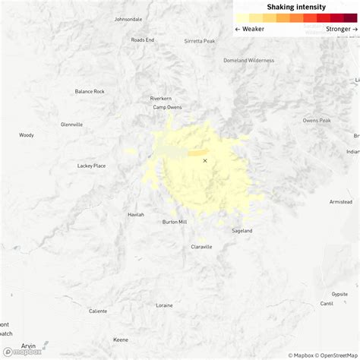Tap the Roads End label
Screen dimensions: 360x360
pyautogui.click(x=142, y=39)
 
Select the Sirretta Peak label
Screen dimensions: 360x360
pyautogui.click(x=200, y=41)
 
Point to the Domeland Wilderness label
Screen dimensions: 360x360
pyautogui.click(x=248, y=60)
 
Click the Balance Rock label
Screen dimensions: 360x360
pyautogui.click(x=90, y=91)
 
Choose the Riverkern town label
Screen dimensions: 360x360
pyautogui.click(x=162, y=98)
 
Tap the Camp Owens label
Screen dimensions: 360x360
pyautogui.click(x=169, y=107)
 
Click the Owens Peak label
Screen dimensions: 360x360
pyautogui.click(x=317, y=120)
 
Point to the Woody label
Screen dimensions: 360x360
pyautogui.click(x=27, y=135)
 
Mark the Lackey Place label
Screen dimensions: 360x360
pyautogui.click(x=91, y=165)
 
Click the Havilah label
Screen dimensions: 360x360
pyautogui.click(x=135, y=214)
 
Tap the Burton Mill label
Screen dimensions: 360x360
pyautogui.click(x=175, y=222)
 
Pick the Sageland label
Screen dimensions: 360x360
pyautogui.click(x=242, y=230)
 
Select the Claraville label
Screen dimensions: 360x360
pyautogui.click(x=201, y=247)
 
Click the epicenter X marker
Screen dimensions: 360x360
pyautogui.click(x=204, y=160)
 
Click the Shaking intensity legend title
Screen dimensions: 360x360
pyautogui.click(x=295, y=7)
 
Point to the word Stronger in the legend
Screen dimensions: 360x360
pyautogui.click(x=338, y=29)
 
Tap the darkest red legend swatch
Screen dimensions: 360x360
pyautogui.click(x=350, y=17)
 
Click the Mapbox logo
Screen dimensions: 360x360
pyautogui.click(x=23, y=352)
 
